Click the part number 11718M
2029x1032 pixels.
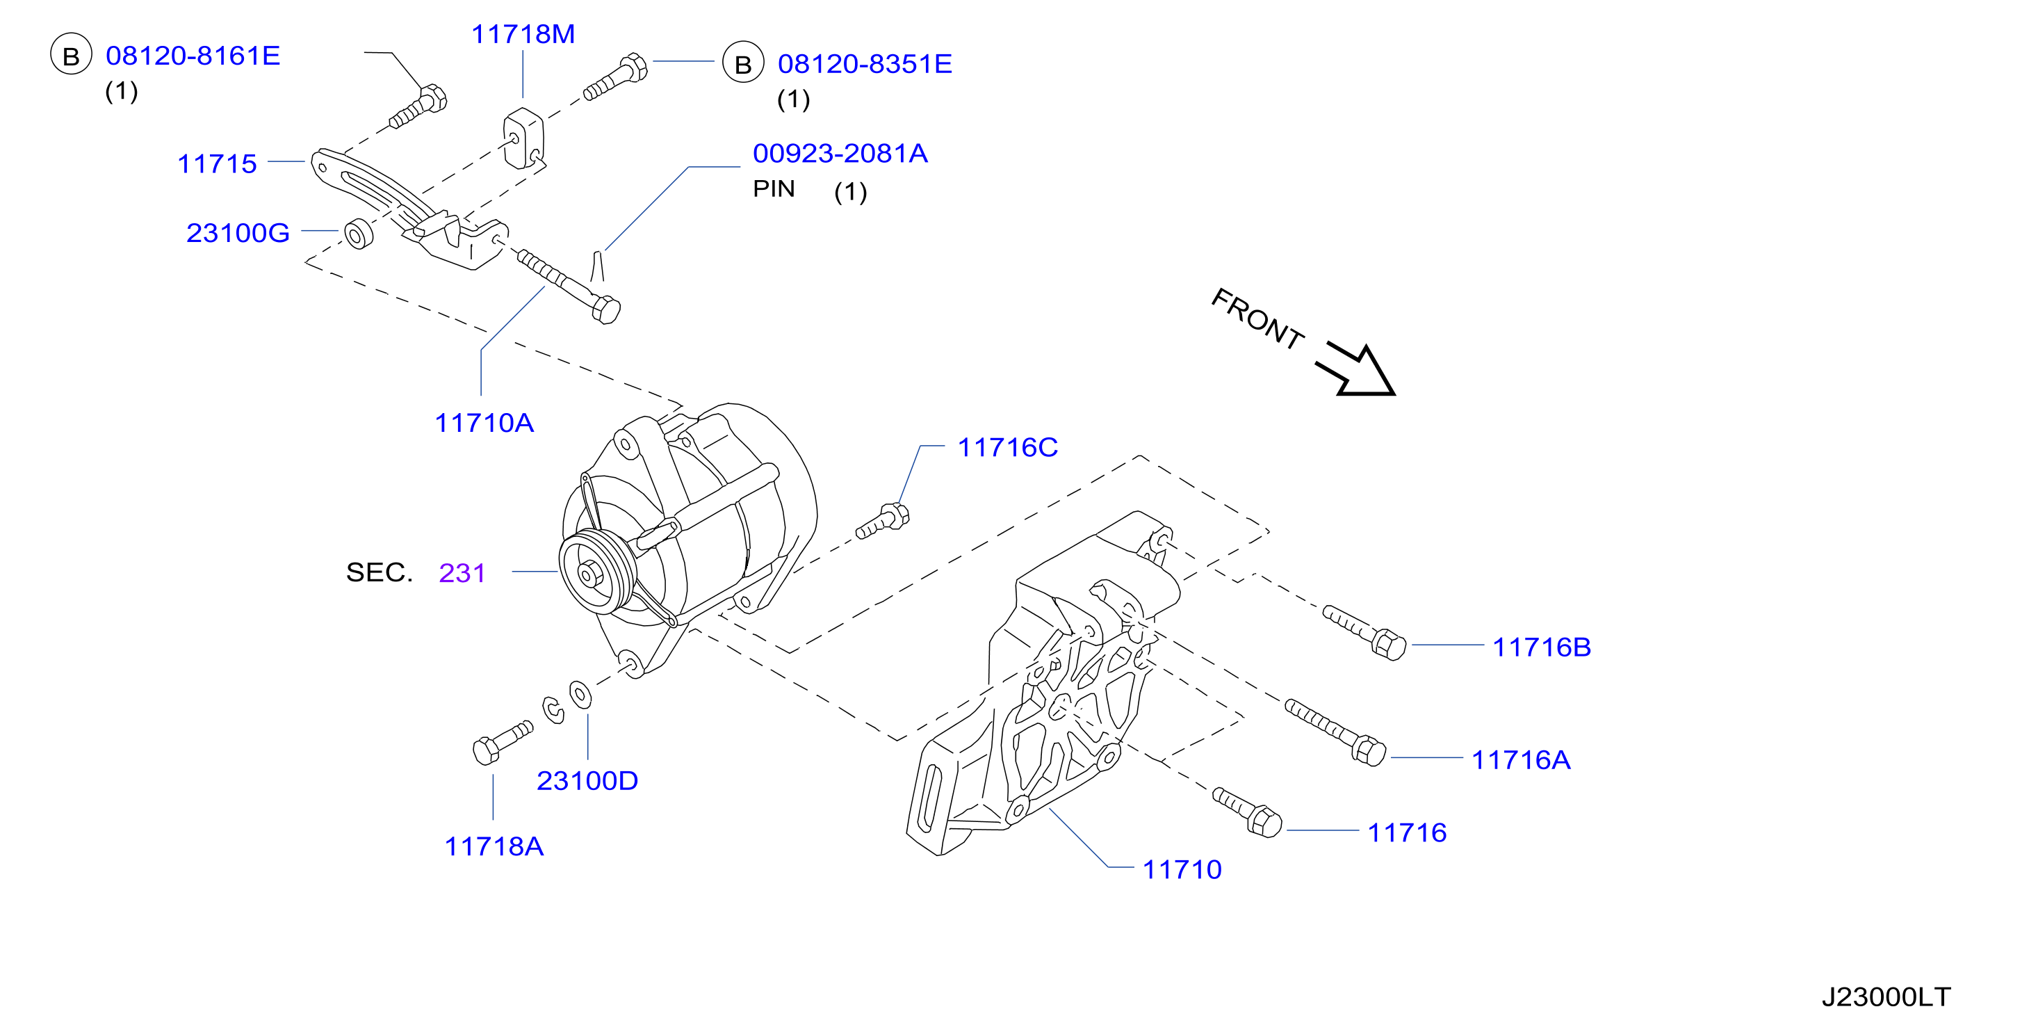(523, 34)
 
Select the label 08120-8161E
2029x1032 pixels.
(193, 55)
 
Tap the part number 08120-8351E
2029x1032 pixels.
(865, 64)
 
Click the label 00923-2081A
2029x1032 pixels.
(840, 153)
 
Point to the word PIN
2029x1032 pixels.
(774, 189)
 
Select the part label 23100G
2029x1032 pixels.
(238, 232)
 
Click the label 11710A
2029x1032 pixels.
(484, 423)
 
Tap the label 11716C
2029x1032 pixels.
(1007, 447)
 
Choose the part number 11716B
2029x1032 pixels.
(1542, 647)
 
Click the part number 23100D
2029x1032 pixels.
(587, 781)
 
